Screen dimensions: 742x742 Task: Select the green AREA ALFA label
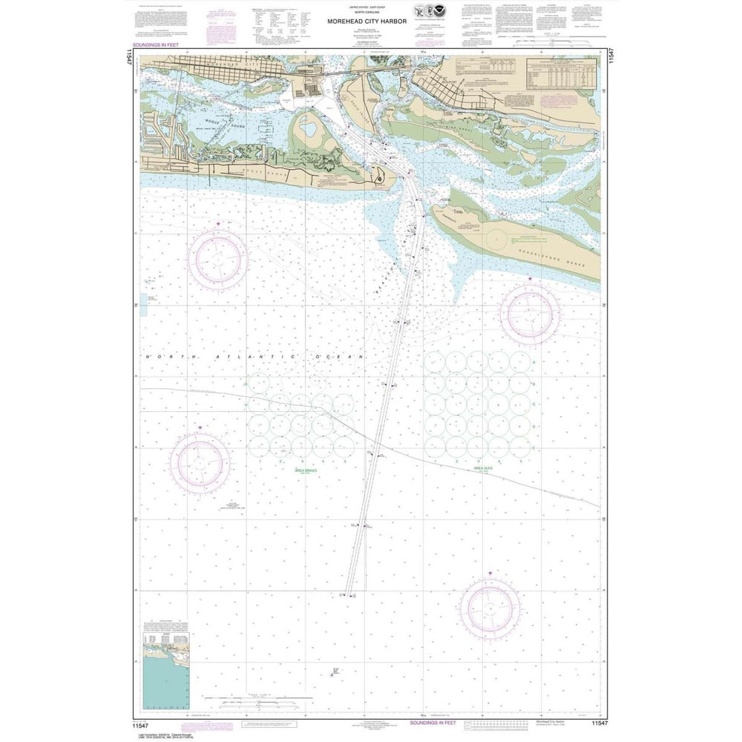tap(489, 470)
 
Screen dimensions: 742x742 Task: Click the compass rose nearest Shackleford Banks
tap(529, 312)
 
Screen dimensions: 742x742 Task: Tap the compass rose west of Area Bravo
tap(200, 462)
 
